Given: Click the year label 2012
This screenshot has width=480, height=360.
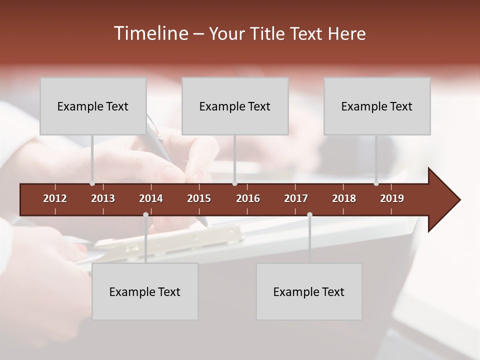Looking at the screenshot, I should click(55, 198).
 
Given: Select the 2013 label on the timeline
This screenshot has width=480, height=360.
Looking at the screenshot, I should click(103, 198).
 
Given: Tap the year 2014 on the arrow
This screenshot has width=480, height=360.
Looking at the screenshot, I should click(151, 198).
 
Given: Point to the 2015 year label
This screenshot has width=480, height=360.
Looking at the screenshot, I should click(199, 198).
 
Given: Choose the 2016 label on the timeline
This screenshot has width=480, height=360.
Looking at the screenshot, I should click(248, 198).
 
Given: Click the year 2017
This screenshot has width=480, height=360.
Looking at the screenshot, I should click(296, 198).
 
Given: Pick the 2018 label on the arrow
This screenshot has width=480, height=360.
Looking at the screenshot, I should click(344, 198).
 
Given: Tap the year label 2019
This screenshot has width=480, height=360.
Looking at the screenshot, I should click(392, 198).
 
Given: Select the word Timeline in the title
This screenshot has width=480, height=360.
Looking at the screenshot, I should click(150, 33).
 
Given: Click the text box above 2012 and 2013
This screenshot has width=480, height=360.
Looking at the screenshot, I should click(93, 106).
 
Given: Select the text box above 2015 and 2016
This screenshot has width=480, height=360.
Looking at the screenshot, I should click(235, 106).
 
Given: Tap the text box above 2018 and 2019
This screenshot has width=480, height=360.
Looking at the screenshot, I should click(377, 106).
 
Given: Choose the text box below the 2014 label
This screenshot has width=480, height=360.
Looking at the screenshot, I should click(145, 291).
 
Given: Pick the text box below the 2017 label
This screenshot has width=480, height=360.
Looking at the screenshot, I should click(309, 291).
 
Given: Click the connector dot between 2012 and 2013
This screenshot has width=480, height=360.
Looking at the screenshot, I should click(92, 183).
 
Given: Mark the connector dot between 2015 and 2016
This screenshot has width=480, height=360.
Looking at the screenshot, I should click(234, 183).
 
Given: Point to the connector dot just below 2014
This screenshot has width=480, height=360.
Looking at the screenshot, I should click(145, 214).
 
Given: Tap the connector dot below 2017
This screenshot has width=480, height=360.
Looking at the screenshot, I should click(309, 214).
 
